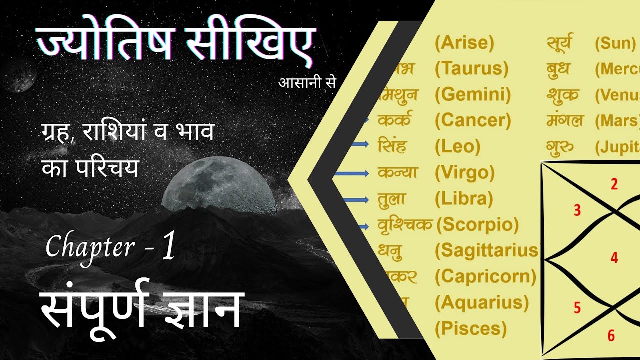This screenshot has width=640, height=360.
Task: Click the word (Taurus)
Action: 471,68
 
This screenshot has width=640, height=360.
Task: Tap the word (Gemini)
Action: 473,94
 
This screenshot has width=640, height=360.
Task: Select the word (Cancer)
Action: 473,120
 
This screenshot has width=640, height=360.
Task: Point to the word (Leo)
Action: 457,146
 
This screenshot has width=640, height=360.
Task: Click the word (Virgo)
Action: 465,173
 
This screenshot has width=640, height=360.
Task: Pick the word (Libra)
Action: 464,199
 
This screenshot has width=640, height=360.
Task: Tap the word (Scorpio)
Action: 477,225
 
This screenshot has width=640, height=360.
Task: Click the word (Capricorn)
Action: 485,276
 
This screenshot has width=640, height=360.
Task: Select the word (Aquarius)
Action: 481,302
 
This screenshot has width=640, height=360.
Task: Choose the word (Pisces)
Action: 471,328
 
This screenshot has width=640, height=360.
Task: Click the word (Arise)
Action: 464,43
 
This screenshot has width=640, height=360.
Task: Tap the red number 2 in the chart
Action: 614,185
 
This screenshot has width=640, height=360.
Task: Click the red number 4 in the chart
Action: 614,258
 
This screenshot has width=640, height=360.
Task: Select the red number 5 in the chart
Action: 577,308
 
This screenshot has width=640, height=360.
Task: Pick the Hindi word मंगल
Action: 565,120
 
